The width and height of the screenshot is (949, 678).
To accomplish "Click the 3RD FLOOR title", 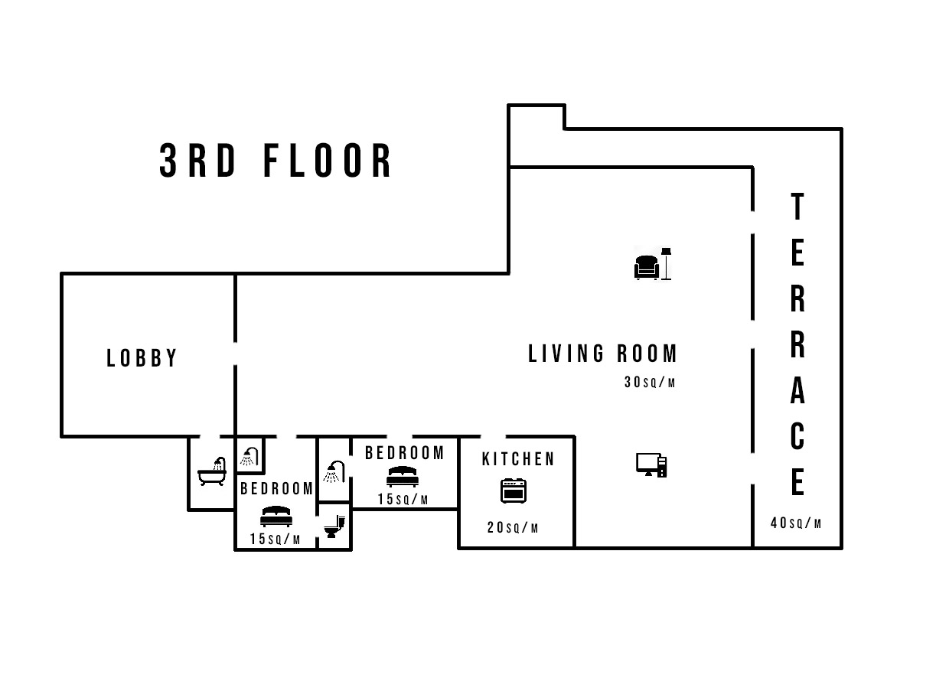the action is pos(275,160).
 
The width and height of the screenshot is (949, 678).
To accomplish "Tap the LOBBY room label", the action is pos(142,358).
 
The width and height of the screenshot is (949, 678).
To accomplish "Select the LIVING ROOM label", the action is pos(602,354).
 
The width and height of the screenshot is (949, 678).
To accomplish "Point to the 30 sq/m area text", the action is pos(650,382).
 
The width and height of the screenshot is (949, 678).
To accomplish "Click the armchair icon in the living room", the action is pos(647,267).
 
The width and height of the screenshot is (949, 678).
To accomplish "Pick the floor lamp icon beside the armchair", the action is pos(667,263).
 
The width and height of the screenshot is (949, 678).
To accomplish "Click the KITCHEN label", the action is pos(518,459).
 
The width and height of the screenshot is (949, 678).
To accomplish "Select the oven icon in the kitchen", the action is pos(514,491).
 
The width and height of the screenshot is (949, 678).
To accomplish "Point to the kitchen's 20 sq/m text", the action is pos(513,528).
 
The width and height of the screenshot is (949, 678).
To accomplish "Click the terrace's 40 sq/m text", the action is pos(796,523).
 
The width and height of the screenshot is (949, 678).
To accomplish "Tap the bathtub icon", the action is pos(212,471).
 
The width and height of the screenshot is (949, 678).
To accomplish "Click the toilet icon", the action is pos(334,526).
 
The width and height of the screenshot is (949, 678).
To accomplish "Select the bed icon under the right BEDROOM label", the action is pos(403,477).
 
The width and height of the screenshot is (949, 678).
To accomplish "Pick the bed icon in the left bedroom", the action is pos(276,517).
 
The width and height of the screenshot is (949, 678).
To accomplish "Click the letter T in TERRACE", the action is pos(797,207).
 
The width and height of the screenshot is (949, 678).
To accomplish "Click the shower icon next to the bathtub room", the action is pos(249,457).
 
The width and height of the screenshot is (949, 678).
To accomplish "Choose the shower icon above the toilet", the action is pos(334,471).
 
